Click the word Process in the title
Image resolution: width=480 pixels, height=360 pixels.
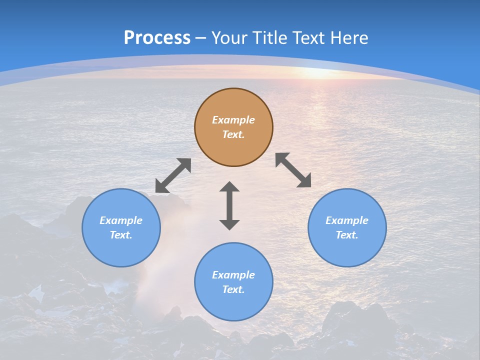click(x=157, y=38)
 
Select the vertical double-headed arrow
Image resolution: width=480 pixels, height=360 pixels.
click(x=229, y=205)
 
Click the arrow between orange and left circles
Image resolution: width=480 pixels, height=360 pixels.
click(x=173, y=175)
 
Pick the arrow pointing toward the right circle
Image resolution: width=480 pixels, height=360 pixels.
click(x=293, y=170)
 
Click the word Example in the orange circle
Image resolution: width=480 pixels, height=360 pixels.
click(x=233, y=120)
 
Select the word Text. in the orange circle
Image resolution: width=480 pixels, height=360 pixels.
click(x=233, y=134)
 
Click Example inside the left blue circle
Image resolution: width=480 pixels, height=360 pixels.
click(x=121, y=220)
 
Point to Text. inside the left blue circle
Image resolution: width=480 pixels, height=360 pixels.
click(x=121, y=235)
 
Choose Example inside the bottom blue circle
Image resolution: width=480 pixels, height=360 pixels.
click(x=233, y=275)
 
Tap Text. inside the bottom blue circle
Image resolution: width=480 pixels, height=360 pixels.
click(x=233, y=289)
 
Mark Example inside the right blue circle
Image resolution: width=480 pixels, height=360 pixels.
click(x=347, y=220)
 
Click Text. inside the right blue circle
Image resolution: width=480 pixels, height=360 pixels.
click(x=347, y=235)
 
